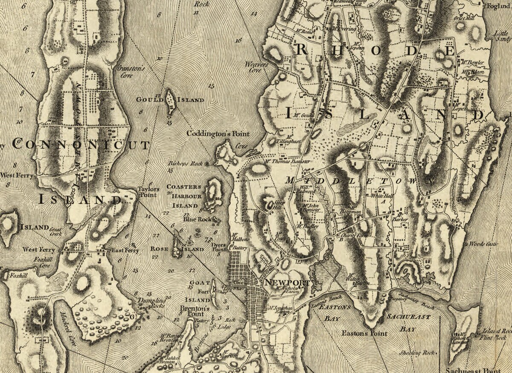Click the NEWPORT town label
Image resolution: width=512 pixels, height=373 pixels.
[x=287, y=283]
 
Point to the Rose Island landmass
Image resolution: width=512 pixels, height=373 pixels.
[x=177, y=248]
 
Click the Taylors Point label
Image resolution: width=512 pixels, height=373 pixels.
[x=148, y=192]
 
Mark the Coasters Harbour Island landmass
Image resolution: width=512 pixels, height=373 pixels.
[x=213, y=194]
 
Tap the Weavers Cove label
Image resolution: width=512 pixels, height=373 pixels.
[x=256, y=67]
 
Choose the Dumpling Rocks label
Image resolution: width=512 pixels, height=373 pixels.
[x=151, y=303]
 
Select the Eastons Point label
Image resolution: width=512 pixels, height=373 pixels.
[x=364, y=333]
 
